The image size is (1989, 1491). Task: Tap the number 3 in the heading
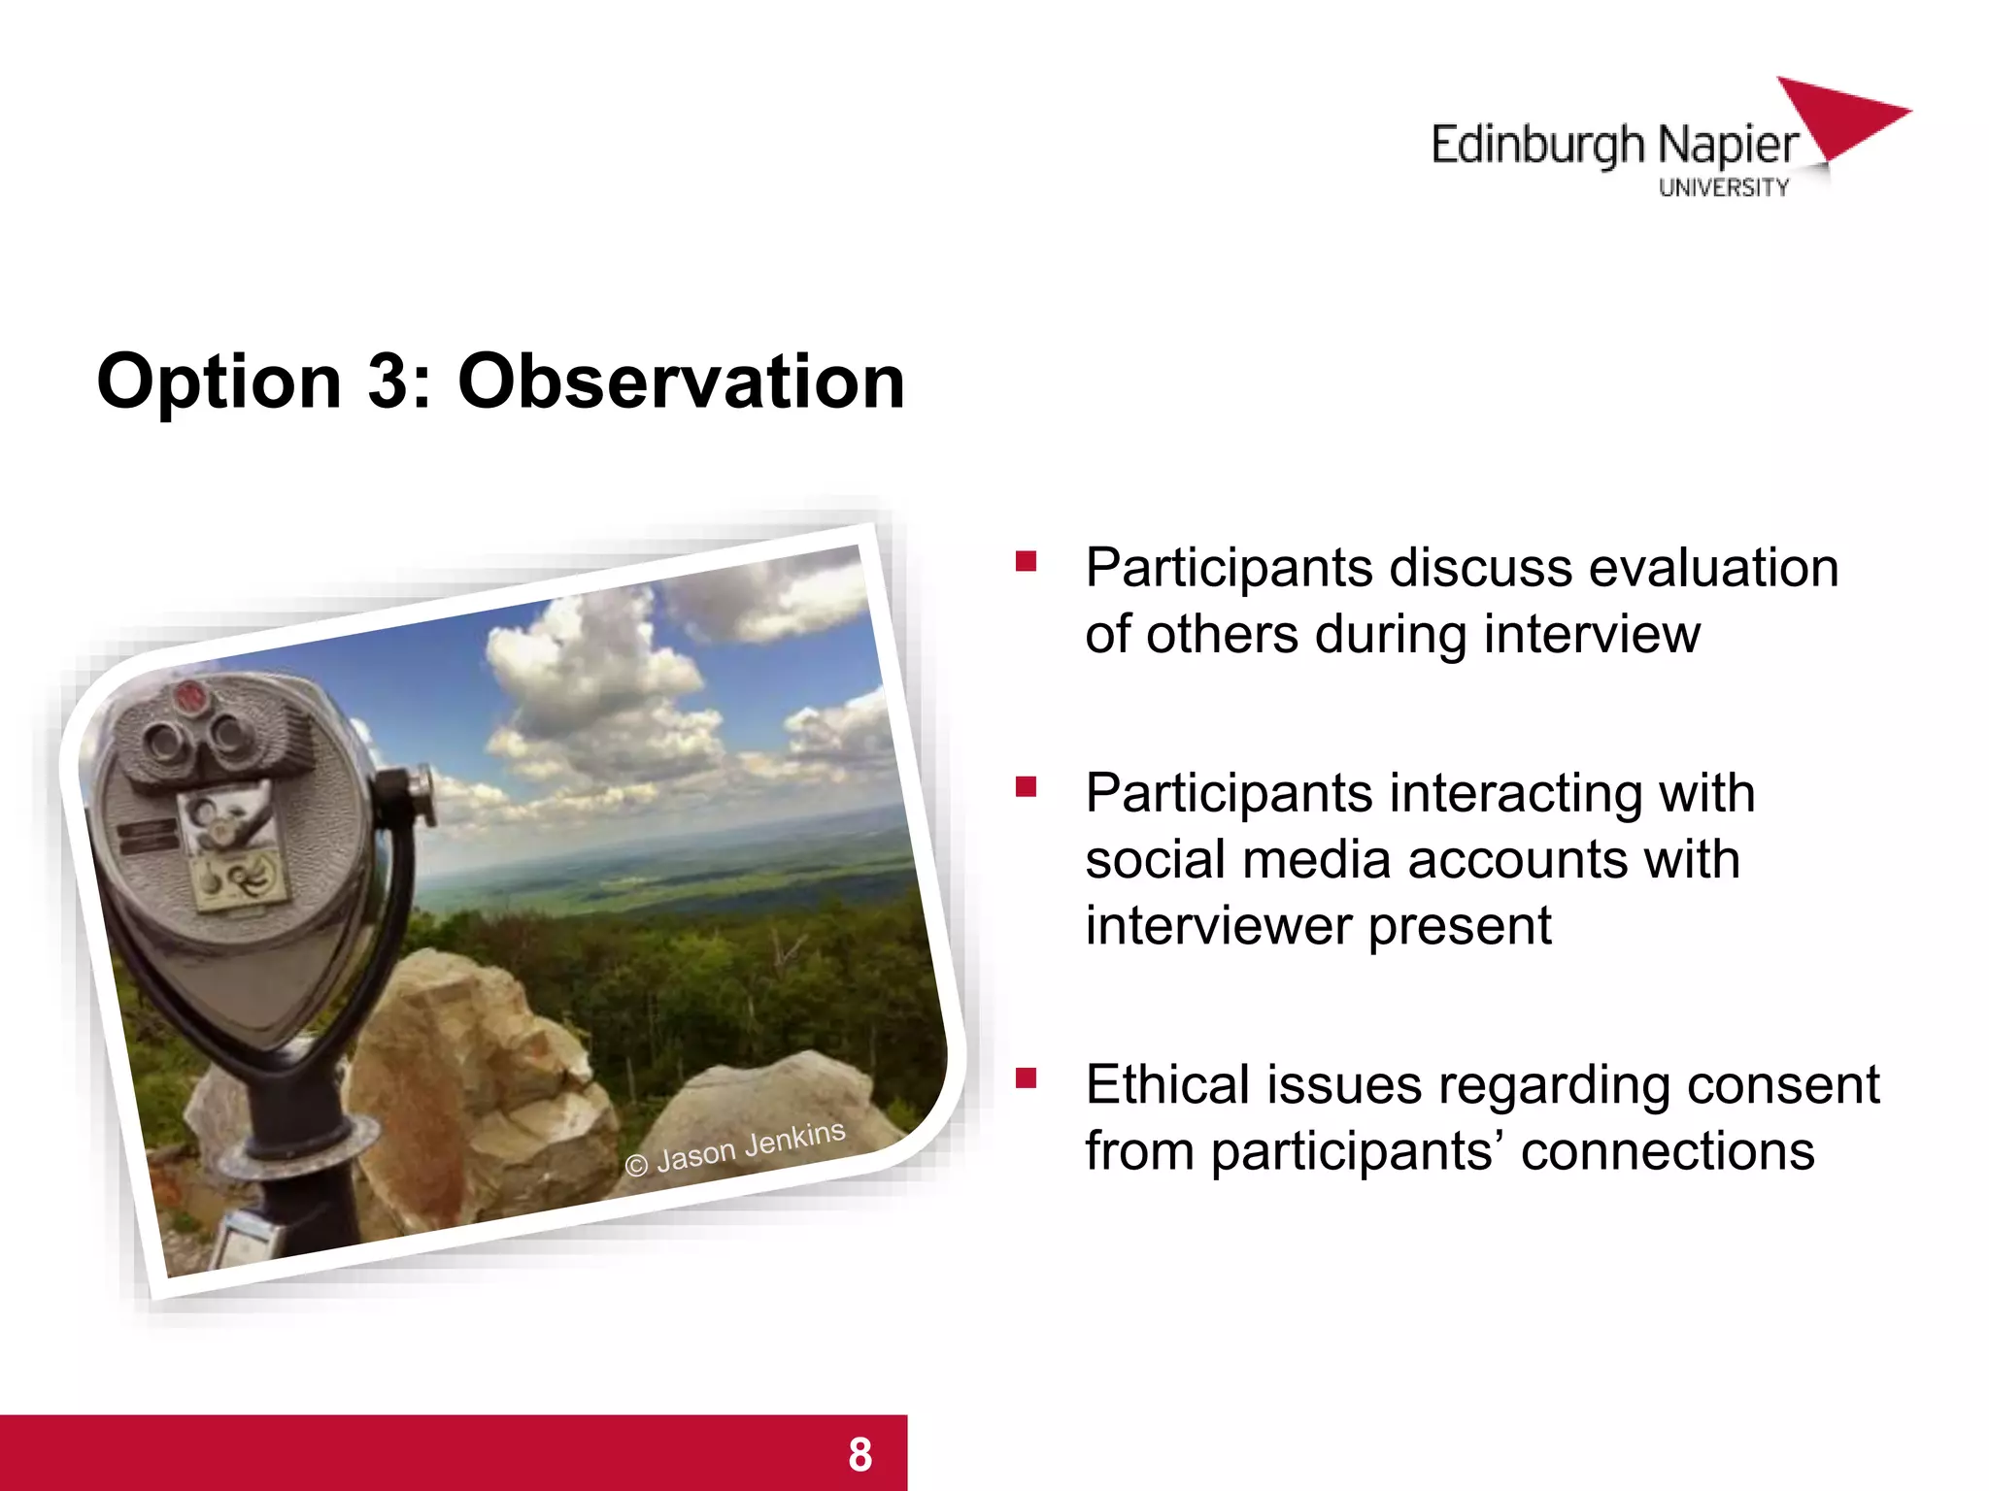(x=388, y=381)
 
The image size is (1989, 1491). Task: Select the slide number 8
(x=860, y=1454)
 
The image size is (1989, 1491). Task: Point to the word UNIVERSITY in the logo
(x=1723, y=187)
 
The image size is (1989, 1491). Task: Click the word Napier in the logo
(x=1728, y=146)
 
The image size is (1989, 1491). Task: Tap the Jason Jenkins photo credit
(x=735, y=1148)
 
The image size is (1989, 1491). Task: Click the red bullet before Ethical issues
(x=1027, y=1078)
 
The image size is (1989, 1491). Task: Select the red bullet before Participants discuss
(x=1027, y=561)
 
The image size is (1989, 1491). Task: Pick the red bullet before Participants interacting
(x=1027, y=786)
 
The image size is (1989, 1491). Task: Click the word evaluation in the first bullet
(x=1713, y=568)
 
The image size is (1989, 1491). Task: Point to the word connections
(x=1667, y=1152)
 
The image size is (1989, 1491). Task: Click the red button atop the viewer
(x=188, y=694)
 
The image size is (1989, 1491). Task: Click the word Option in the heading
(x=219, y=381)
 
